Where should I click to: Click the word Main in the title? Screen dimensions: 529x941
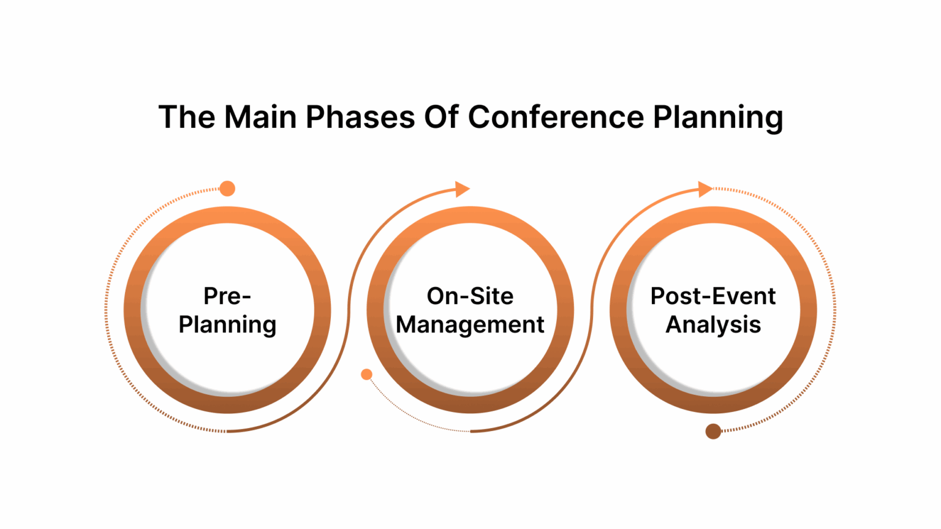pyautogui.click(x=260, y=117)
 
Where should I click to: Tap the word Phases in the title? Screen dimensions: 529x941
pyautogui.click(x=360, y=117)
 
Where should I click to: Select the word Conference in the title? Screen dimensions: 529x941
pyautogui.click(x=556, y=117)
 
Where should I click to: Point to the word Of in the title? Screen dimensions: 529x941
pyautogui.click(x=441, y=117)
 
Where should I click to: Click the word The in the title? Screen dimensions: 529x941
pyautogui.click(x=187, y=117)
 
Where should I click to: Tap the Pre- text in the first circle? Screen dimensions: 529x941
pyautogui.click(x=227, y=296)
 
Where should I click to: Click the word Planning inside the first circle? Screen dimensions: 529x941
pyautogui.click(x=227, y=325)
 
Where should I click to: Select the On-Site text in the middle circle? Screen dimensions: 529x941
pyautogui.click(x=470, y=296)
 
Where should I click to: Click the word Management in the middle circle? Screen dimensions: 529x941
pyautogui.click(x=470, y=325)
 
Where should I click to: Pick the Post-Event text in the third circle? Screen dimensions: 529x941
pyautogui.click(x=713, y=296)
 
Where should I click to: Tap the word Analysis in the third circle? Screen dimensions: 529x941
pyautogui.click(x=713, y=325)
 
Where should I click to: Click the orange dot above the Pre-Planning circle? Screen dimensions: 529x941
pyautogui.click(x=227, y=189)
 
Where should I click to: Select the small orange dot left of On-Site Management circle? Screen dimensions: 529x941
pyautogui.click(x=366, y=374)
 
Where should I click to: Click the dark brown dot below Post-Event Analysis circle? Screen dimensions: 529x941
pyautogui.click(x=713, y=432)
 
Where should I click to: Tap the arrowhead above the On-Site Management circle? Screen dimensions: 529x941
pyautogui.click(x=462, y=189)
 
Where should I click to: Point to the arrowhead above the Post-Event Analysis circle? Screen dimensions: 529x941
pyautogui.click(x=705, y=189)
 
